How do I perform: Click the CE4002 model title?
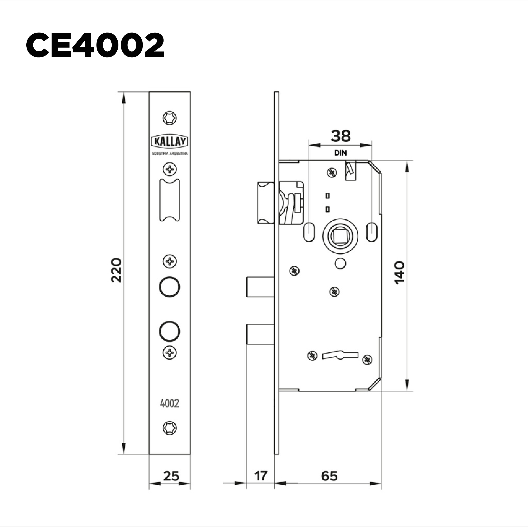(x=95, y=45)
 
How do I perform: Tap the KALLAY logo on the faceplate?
(x=170, y=141)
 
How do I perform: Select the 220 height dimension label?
(x=116, y=270)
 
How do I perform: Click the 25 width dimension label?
(x=171, y=476)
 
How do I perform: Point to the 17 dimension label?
(x=261, y=476)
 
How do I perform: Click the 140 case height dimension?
(x=400, y=273)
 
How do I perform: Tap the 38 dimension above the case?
(x=340, y=136)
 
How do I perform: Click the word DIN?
(x=340, y=153)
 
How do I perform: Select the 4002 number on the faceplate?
(x=169, y=403)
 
